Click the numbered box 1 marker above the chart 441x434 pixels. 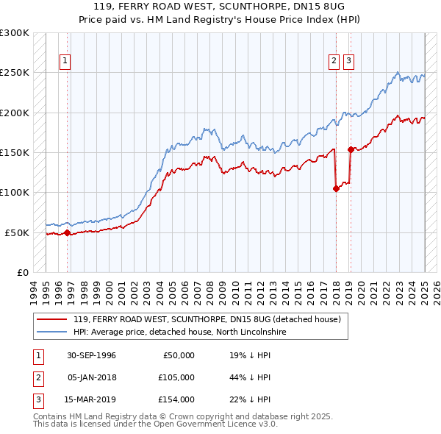pos(65,61)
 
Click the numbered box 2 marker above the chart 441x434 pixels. pos(334,61)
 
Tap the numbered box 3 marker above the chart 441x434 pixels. pos(348,61)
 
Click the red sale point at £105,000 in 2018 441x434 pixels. pos(336,188)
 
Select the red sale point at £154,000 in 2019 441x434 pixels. pos(351,149)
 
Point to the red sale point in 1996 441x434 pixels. pos(67,232)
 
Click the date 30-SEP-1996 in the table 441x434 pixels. pos(91,355)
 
